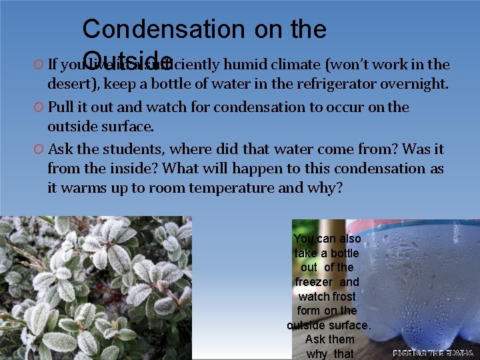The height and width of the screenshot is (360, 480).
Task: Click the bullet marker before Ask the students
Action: click(38, 149)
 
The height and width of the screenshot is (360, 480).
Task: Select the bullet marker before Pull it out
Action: click(38, 107)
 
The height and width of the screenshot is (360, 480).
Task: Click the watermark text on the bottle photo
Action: click(433, 353)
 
